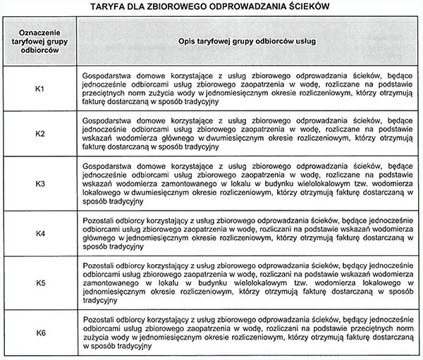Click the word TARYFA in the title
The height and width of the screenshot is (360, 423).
tap(108, 8)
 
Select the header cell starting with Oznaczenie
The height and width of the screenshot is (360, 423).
tap(39, 42)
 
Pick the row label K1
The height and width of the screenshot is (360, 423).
tap(40, 88)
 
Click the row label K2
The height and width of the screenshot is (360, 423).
tap(40, 134)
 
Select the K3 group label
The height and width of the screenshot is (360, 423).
tap(40, 184)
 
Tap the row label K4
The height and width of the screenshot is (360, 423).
tap(40, 233)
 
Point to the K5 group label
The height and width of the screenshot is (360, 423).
tap(40, 283)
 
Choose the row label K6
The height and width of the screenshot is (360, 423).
tap(40, 330)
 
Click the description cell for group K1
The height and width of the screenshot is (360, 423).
tap(246, 88)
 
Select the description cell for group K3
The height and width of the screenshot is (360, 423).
tap(246, 184)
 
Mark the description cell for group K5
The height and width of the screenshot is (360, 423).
tap(246, 283)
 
